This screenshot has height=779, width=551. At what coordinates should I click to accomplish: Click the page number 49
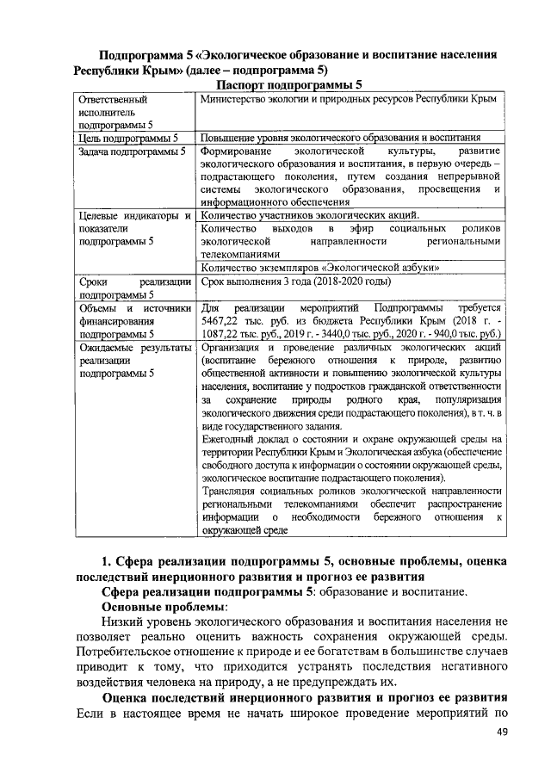[x=503, y=733]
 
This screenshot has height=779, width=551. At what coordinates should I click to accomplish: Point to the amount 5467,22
[x=220, y=319]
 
